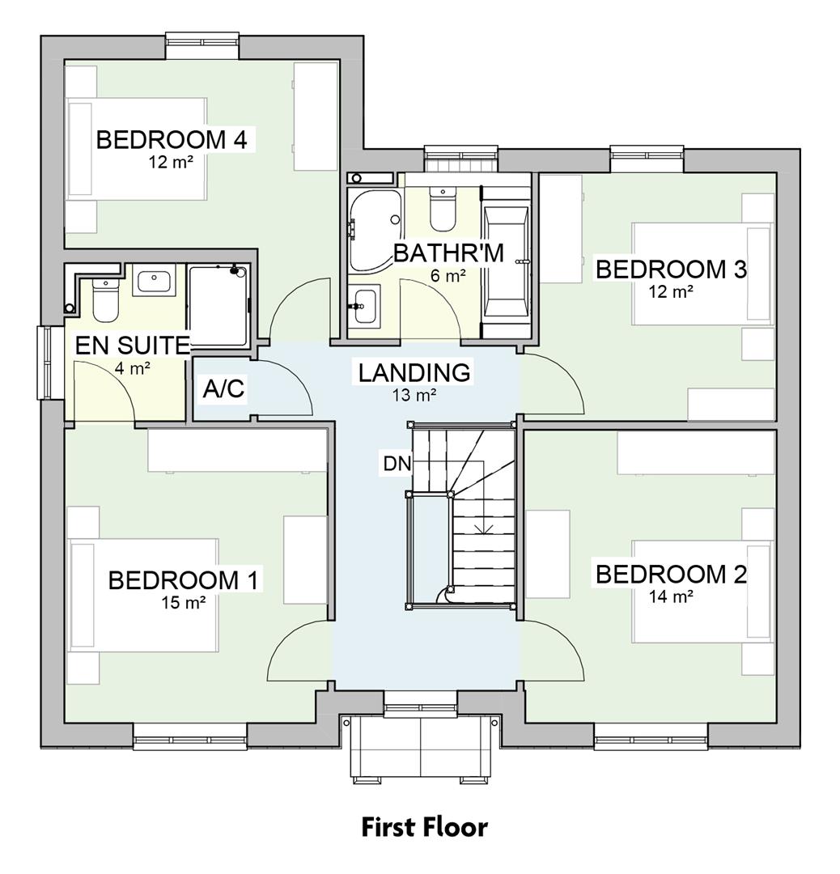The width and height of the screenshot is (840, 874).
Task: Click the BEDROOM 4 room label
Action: pos(171,139)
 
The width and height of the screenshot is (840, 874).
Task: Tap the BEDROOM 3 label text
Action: pos(670,269)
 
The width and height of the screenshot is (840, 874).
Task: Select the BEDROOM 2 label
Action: pos(670,575)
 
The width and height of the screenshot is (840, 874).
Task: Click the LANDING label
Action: pos(414,373)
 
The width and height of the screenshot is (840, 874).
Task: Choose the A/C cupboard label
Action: pos(223,389)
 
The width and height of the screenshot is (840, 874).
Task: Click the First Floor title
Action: pos(424,828)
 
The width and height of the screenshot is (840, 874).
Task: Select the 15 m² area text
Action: pos(183,602)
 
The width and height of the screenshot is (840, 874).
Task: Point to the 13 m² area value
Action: pos(414,395)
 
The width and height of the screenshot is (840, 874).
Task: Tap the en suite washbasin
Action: pos(154,282)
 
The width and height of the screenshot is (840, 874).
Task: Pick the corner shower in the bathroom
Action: pos(372,228)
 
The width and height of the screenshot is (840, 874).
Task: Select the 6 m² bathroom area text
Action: pos(448,276)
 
